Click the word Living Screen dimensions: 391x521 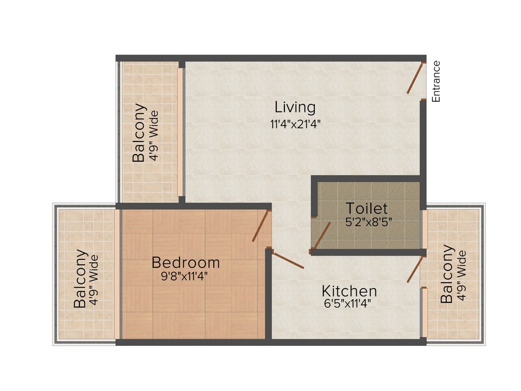coord(295,107)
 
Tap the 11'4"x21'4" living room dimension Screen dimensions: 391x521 coord(295,124)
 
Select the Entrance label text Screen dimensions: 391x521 coord(436,81)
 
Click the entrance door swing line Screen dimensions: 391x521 coord(415,78)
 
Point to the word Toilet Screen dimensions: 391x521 coord(367,208)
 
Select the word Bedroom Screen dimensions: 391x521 coord(186,263)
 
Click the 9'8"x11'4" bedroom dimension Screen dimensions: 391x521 coord(184,276)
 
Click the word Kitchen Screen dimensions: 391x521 coord(349,291)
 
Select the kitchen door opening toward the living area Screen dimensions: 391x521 coord(288,260)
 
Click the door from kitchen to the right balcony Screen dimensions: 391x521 coord(415,270)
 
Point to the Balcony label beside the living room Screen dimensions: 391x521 coord(139,133)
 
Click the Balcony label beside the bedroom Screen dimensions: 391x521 coord(80,278)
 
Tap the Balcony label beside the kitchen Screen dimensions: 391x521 coord(447,274)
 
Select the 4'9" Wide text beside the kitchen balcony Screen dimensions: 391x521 coord(461,275)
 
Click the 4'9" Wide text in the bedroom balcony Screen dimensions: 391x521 coord(94,280)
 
